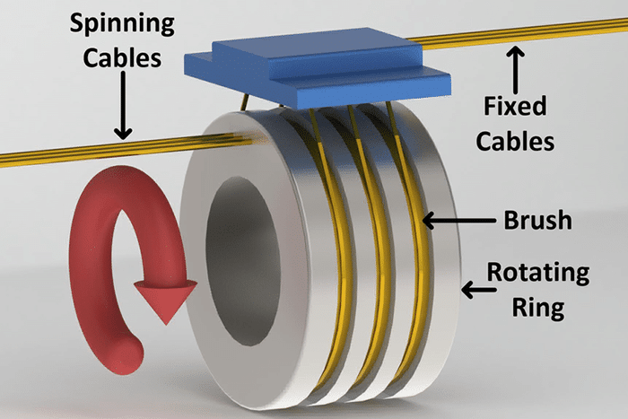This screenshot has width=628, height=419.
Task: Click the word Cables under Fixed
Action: point(514,141)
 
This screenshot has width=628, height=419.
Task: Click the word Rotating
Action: point(538,272)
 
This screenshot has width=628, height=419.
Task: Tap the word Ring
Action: point(538,307)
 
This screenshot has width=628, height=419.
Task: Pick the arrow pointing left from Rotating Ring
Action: point(474,289)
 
